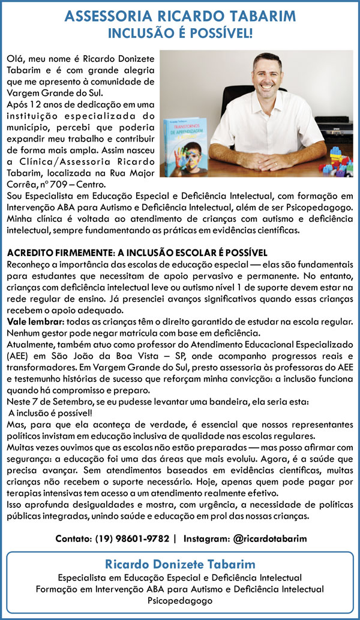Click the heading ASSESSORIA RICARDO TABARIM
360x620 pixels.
point(180,16)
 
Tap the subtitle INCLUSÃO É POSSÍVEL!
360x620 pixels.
point(180,34)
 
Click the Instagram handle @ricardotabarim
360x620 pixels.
point(269,538)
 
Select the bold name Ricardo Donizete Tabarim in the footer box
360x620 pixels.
point(180,564)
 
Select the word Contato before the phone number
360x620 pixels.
point(72,538)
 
